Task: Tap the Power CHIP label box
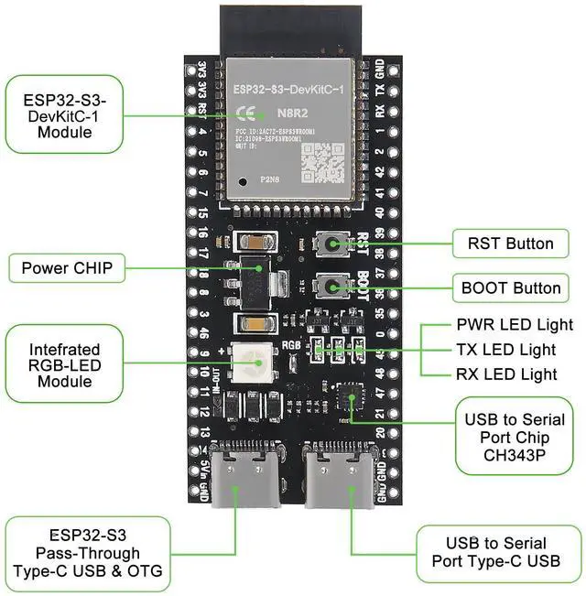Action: point(67,268)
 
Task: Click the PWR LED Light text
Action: point(514,325)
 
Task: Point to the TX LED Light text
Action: point(505,350)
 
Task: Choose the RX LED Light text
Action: point(506,374)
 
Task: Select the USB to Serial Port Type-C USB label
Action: point(503,553)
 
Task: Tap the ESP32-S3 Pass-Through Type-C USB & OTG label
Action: point(88,553)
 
